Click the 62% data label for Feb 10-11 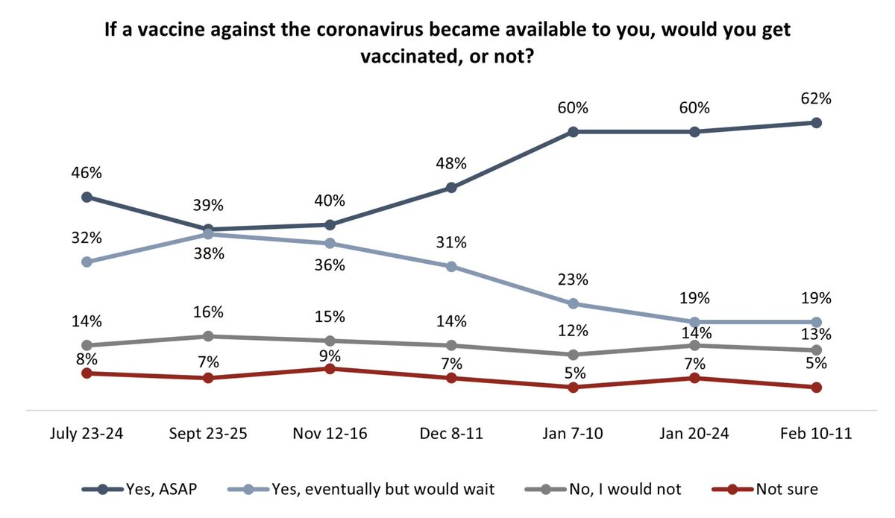[816, 98]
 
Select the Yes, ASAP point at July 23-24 [87, 197]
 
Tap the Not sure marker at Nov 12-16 [330, 369]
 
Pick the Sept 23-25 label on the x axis [208, 435]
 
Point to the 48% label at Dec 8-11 [451, 163]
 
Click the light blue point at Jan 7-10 [573, 303]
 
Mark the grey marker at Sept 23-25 [208, 336]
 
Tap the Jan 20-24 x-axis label [694, 435]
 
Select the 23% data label [573, 280]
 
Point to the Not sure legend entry [768, 490]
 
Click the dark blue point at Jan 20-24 [694, 132]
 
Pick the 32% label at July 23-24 [87, 239]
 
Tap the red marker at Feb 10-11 [816, 388]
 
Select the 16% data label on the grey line [208, 312]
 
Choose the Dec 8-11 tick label [451, 435]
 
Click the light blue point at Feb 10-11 [816, 322]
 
